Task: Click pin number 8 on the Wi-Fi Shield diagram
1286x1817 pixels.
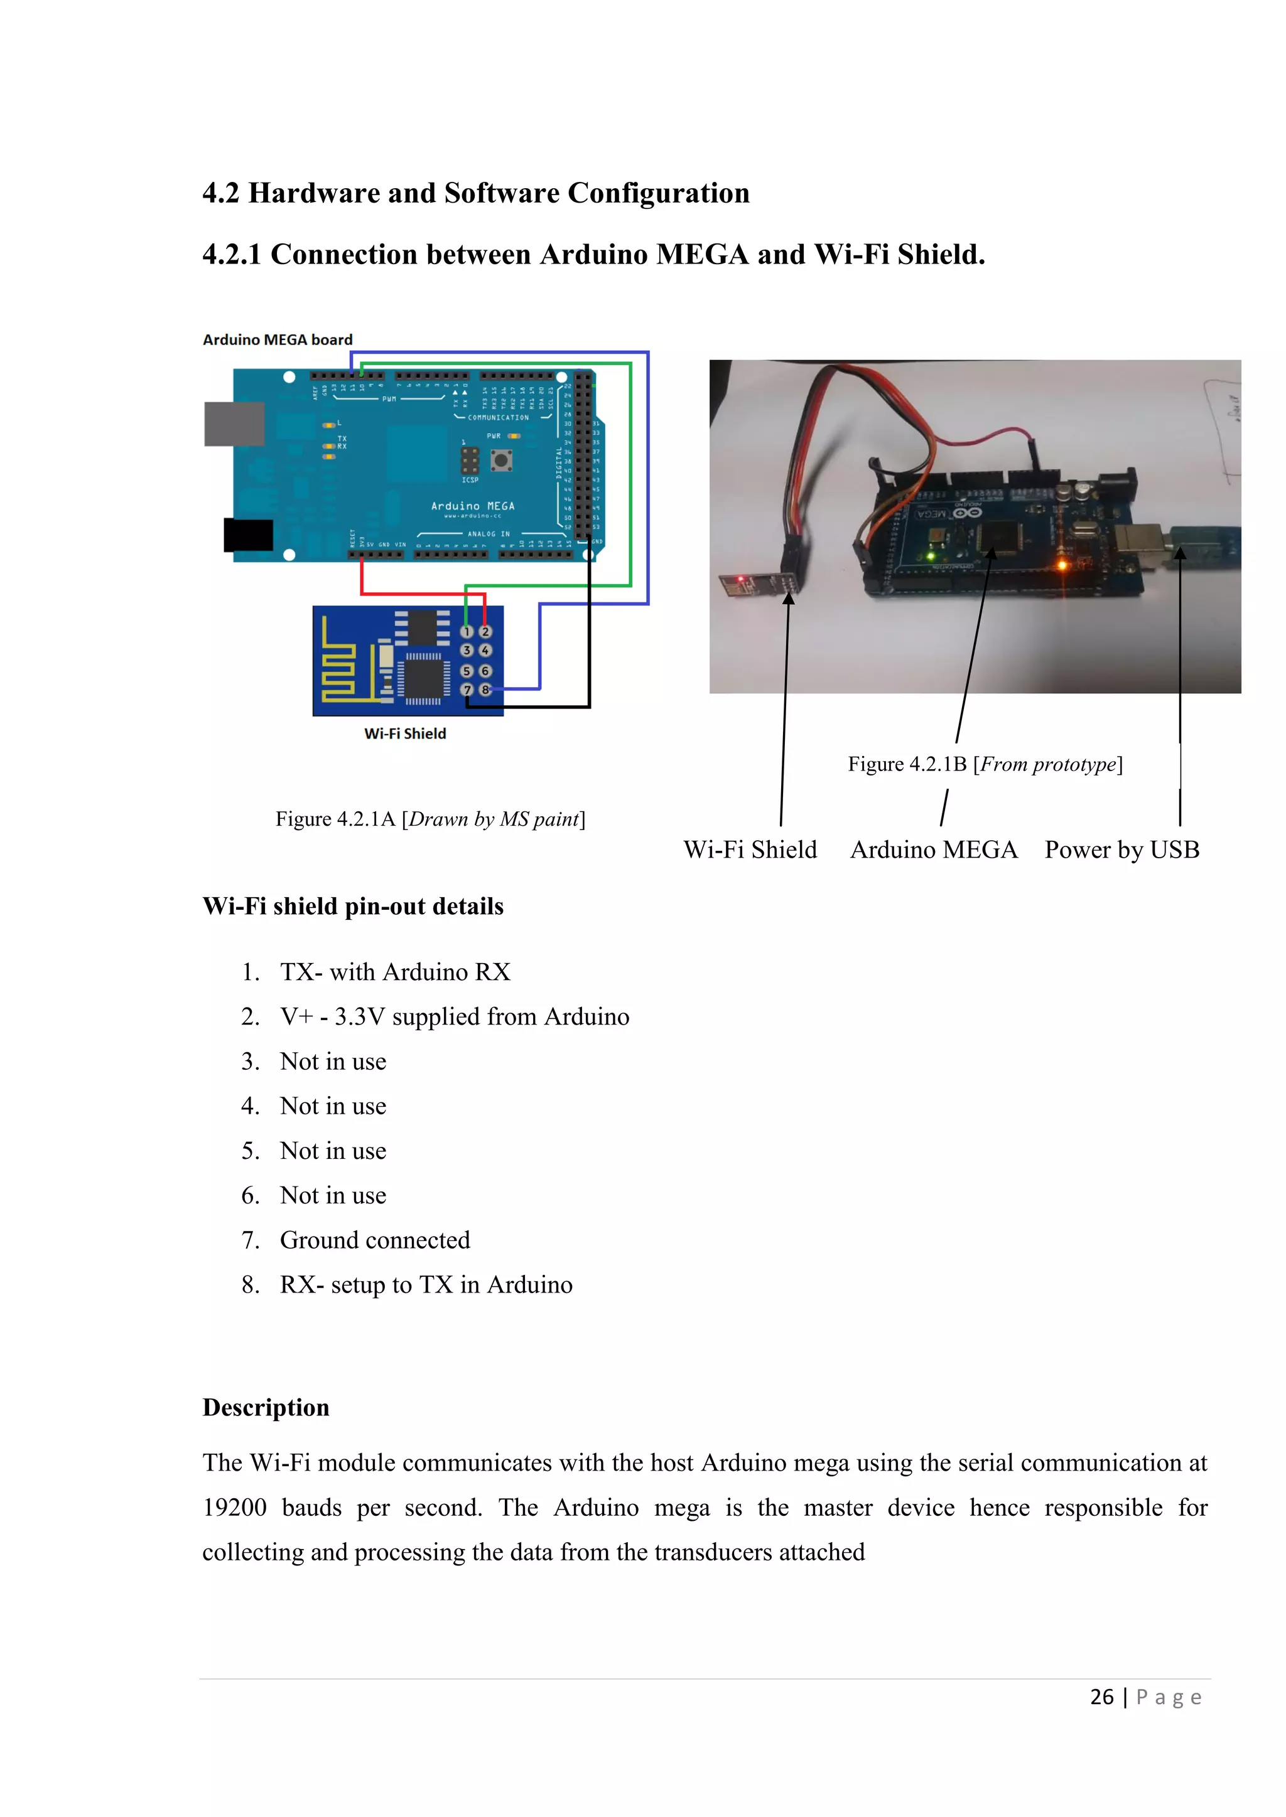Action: click(485, 690)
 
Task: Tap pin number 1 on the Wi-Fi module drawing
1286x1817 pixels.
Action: click(467, 632)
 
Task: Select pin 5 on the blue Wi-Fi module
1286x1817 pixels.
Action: click(467, 670)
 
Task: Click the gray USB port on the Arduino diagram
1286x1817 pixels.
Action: click(234, 424)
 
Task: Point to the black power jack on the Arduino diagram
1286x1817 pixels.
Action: click(249, 535)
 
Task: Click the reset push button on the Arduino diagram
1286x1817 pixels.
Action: click(500, 459)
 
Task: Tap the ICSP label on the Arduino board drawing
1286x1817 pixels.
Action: click(470, 479)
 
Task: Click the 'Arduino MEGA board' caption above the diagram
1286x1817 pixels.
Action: click(277, 339)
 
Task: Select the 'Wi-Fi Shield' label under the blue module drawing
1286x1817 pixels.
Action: click(404, 733)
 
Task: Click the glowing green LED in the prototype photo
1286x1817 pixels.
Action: click(930, 557)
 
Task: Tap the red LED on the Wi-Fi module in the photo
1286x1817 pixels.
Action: click(740, 579)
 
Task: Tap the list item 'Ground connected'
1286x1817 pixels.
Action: click(374, 1240)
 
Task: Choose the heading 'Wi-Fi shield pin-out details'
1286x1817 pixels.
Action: click(352, 906)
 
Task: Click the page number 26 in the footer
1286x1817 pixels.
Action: click(1101, 1697)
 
